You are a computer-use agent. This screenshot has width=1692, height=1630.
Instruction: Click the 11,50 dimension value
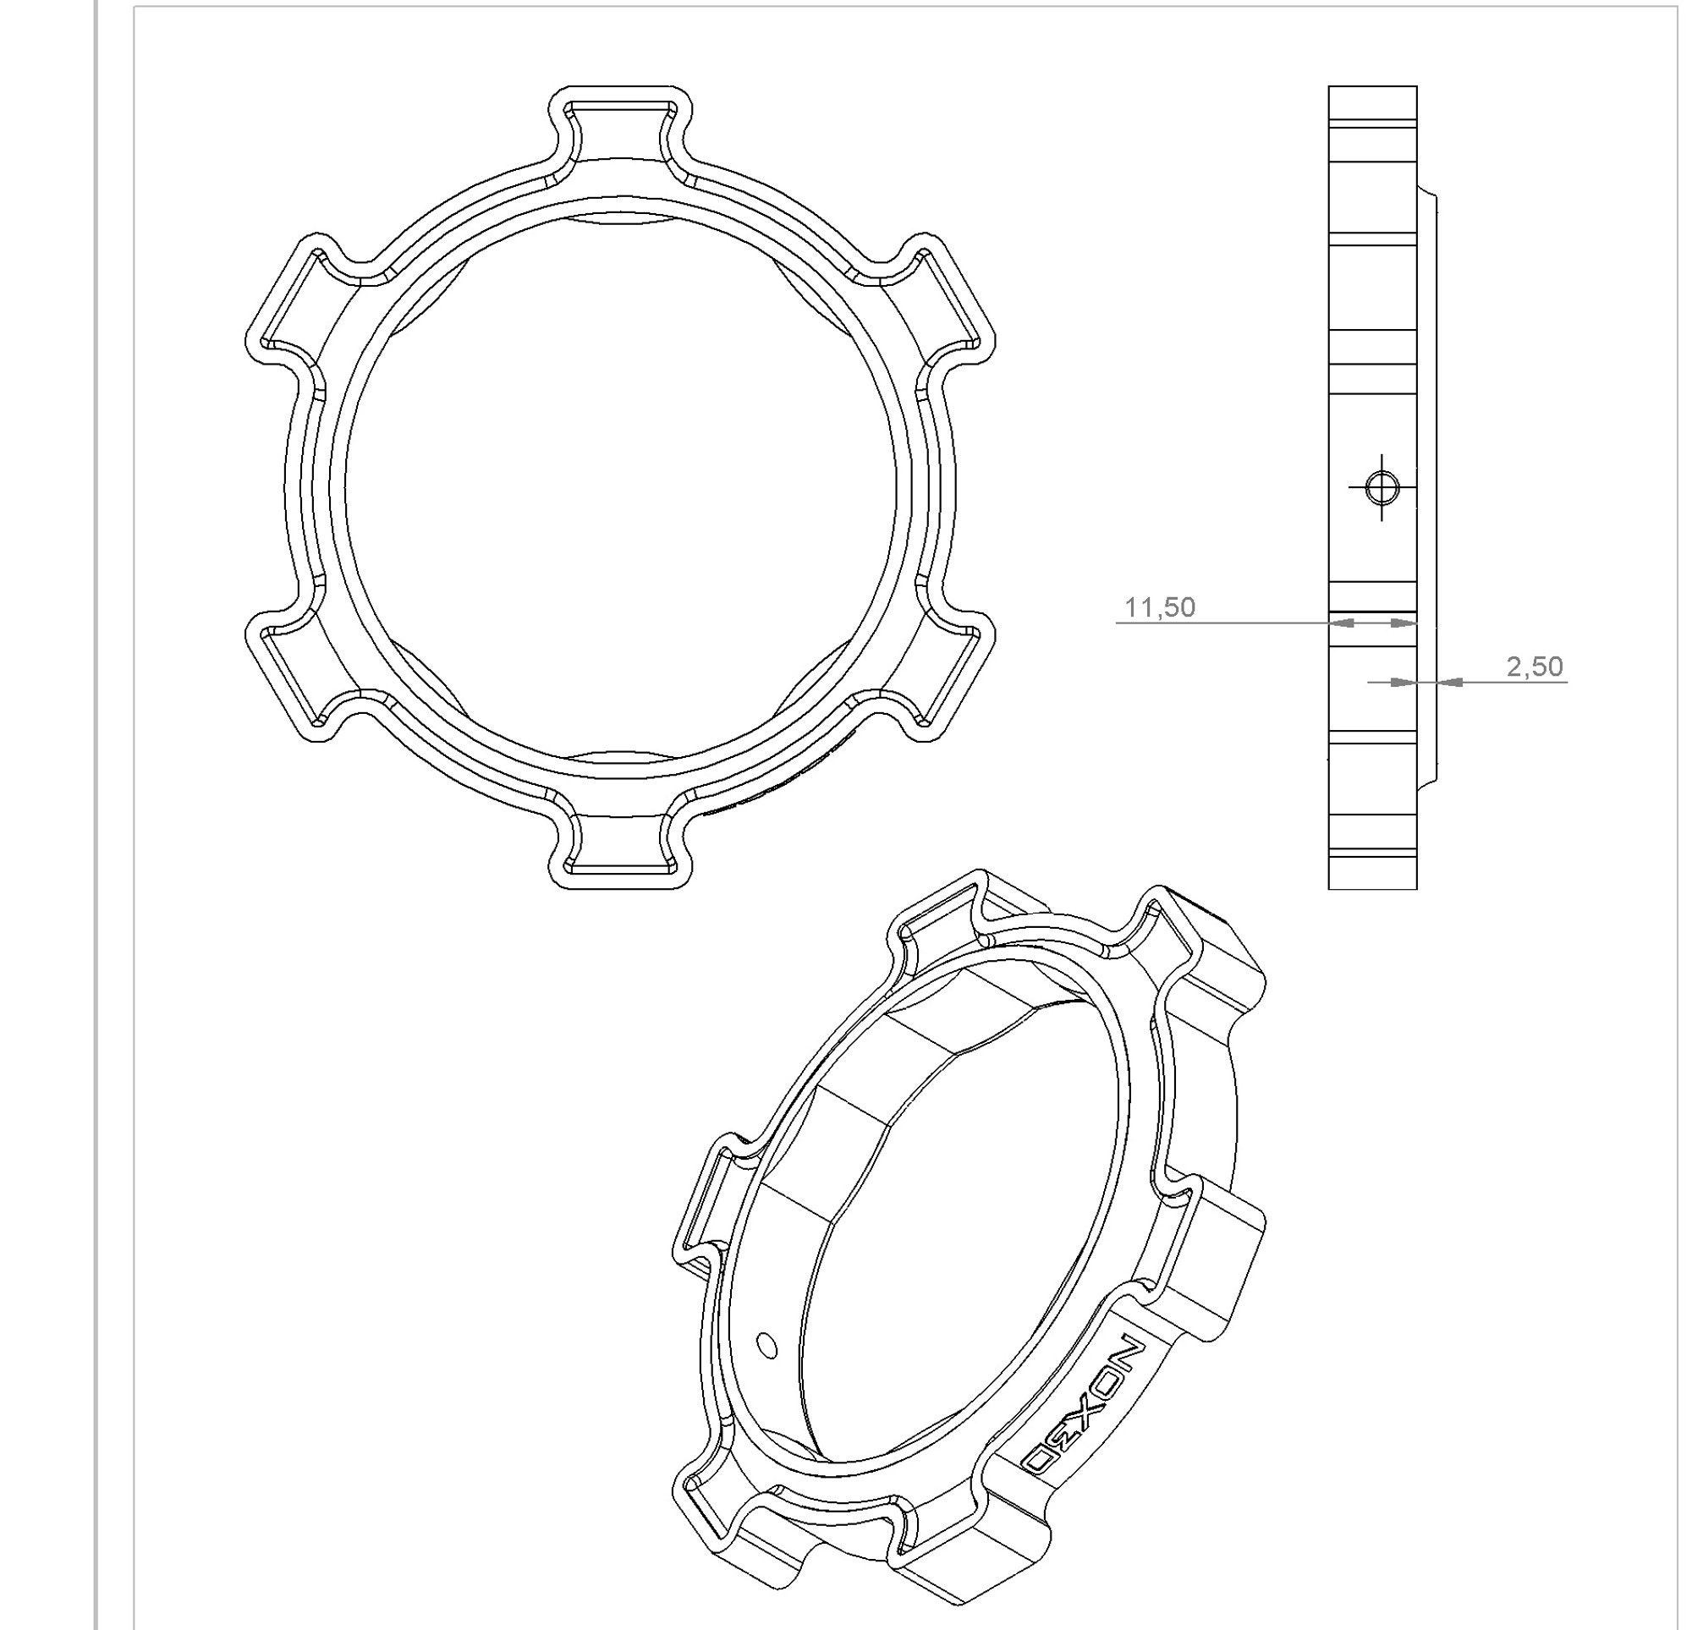pos(1159,608)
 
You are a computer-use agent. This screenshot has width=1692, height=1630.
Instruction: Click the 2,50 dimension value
pos(1534,667)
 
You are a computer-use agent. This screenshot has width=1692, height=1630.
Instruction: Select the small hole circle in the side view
pos(1382,488)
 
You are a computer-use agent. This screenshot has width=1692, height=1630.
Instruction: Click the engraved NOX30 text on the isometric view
pos(1085,1407)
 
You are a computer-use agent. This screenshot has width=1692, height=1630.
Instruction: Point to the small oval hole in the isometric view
pos(765,1343)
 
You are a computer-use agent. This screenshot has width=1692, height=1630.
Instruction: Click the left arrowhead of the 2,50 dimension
pos(1402,682)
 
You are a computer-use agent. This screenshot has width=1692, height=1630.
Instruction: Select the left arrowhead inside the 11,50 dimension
pos(1343,623)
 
